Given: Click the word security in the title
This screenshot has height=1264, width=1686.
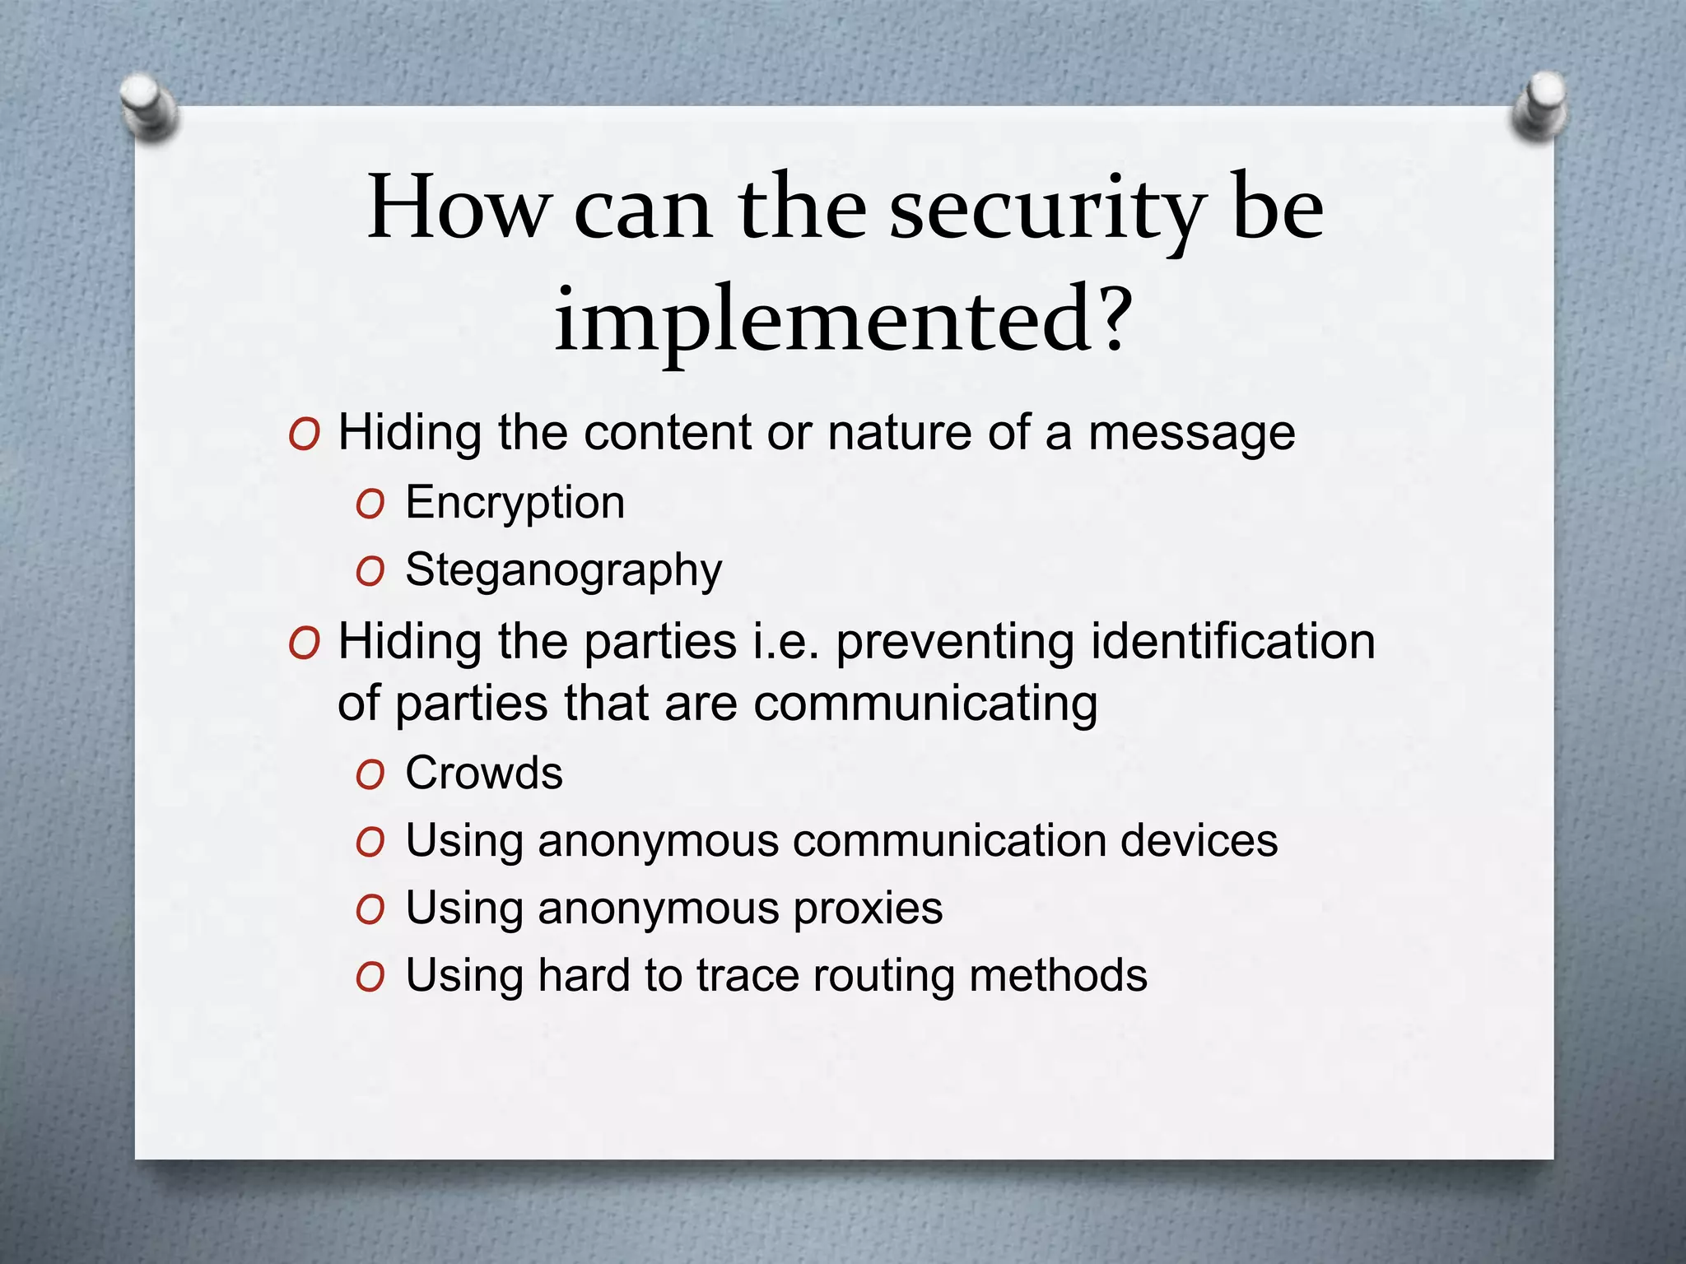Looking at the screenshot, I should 1046,209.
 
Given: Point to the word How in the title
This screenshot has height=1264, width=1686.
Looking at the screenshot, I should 457,207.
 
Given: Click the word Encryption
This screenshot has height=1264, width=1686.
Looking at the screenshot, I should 515,503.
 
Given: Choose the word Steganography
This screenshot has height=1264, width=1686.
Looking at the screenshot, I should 564,570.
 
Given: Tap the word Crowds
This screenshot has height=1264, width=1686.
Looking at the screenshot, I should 484,774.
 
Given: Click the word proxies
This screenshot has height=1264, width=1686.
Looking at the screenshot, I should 868,908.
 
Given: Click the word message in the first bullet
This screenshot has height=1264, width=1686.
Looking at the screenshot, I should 1191,433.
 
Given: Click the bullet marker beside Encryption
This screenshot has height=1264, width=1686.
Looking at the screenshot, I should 370,504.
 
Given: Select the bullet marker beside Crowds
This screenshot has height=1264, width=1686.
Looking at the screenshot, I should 370,775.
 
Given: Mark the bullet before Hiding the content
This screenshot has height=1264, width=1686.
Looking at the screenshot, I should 304,434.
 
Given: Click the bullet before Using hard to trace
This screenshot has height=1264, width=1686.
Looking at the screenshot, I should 370,978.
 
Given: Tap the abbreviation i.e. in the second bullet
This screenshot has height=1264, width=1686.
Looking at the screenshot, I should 786,642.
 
